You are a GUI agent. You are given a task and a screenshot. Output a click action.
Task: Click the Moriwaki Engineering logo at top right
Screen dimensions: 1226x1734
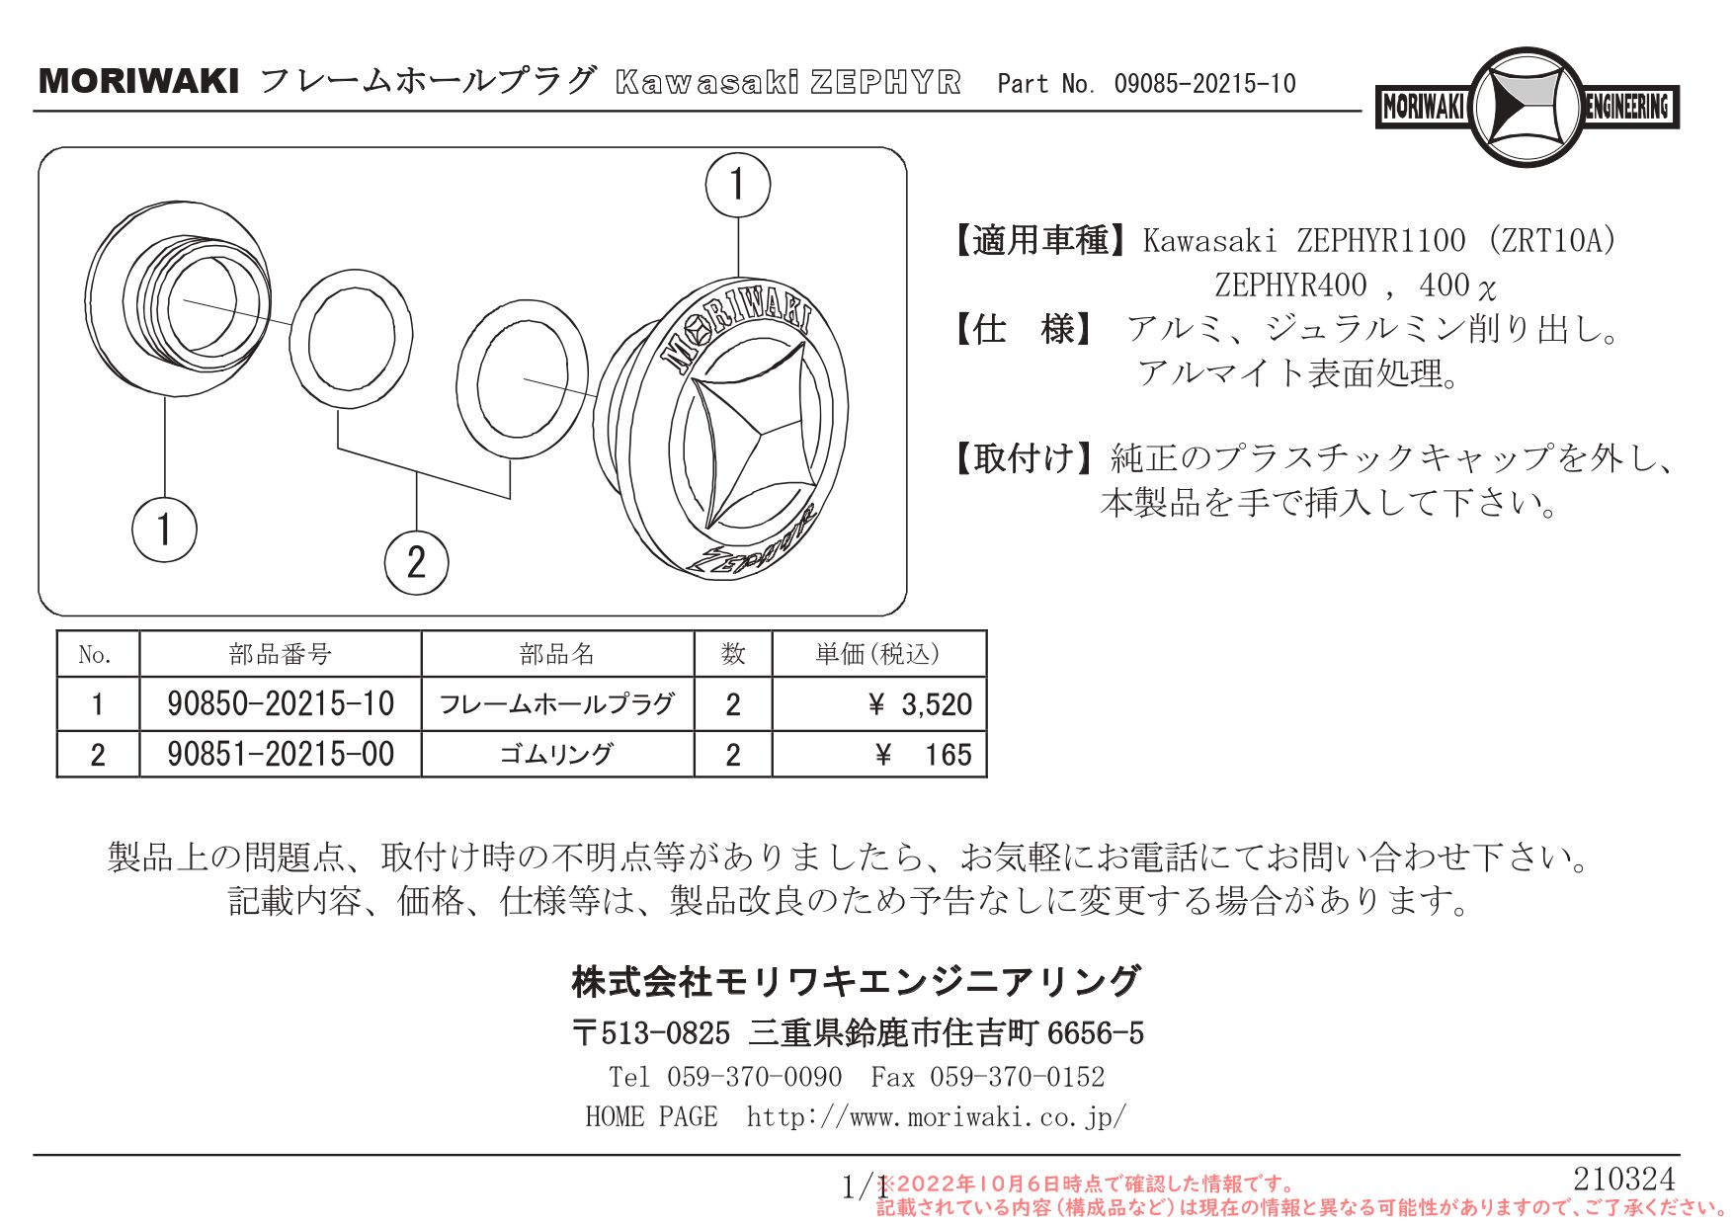coord(1527,107)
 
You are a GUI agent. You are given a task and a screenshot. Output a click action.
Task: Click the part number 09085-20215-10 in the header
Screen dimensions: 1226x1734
coord(1204,84)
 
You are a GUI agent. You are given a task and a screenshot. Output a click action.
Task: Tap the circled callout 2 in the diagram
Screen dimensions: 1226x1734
coord(416,562)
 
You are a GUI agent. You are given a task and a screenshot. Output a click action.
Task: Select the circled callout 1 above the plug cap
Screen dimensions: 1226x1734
coord(737,185)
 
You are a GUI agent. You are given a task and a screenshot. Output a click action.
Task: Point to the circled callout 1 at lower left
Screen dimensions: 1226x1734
coord(164,530)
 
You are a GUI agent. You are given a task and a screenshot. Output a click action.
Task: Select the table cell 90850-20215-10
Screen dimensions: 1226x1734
coord(281,704)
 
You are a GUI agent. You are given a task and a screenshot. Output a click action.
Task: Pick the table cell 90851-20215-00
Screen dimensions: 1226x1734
coord(281,755)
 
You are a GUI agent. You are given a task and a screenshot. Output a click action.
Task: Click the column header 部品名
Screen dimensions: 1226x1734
coord(557,654)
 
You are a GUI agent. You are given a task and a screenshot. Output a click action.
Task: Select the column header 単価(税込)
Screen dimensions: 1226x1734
coord(877,654)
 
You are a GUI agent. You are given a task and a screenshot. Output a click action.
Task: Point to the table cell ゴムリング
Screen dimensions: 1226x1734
coord(557,755)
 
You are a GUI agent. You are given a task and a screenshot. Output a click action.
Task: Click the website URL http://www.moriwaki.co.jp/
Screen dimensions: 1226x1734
coord(936,1117)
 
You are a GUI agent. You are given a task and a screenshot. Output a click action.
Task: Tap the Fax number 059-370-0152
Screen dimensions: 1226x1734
coord(1017,1077)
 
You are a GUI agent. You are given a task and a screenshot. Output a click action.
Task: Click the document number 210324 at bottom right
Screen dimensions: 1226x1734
coord(1623,1179)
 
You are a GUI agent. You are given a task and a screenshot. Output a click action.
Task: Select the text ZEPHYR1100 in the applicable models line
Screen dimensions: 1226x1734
coord(1380,240)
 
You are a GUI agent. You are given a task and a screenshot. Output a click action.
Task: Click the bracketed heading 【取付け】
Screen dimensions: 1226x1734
coord(1024,458)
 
